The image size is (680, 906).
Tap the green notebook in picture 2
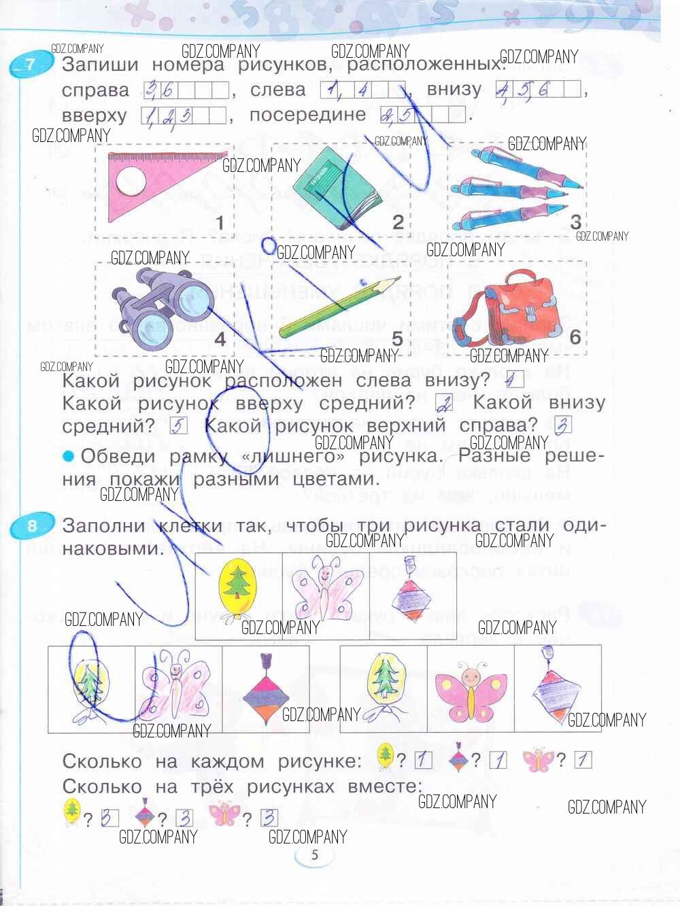tap(333, 184)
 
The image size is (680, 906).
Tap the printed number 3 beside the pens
tap(575, 222)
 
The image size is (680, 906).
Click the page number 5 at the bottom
tap(314, 855)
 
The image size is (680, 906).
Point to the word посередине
tap(307, 115)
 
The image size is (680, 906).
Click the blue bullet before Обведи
tap(68, 456)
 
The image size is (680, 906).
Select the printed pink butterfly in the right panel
tap(470, 686)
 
